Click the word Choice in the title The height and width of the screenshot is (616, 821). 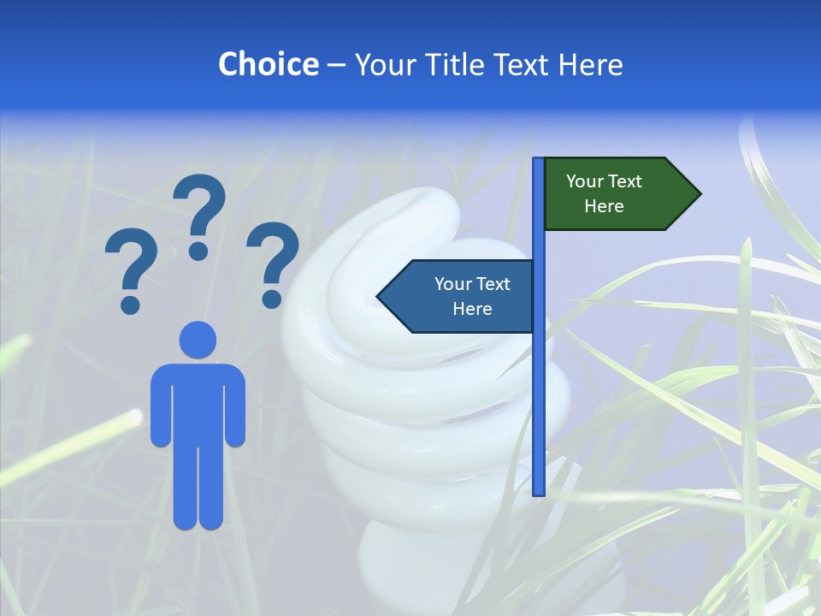coord(268,64)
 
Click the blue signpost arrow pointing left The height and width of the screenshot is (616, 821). coord(458,296)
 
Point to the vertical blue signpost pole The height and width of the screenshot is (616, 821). coord(539,385)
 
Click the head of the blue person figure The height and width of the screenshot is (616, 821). coord(198,340)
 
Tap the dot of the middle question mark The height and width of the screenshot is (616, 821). coord(198,250)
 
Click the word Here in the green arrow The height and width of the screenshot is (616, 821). coord(604,206)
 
